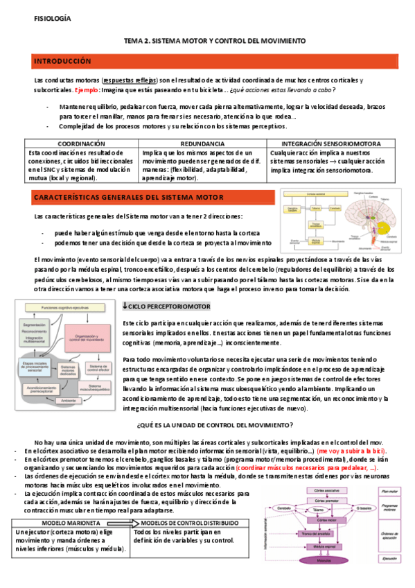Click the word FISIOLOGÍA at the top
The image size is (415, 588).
pyautogui.click(x=51, y=19)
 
